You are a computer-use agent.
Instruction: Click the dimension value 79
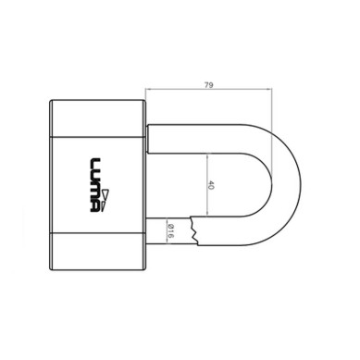(209, 85)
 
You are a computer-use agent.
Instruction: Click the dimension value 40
(211, 185)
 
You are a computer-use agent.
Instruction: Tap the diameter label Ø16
(171, 230)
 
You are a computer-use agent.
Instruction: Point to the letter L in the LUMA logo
(95, 164)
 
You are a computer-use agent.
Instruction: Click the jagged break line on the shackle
(194, 230)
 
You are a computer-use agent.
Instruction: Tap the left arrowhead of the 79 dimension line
(148, 89)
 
